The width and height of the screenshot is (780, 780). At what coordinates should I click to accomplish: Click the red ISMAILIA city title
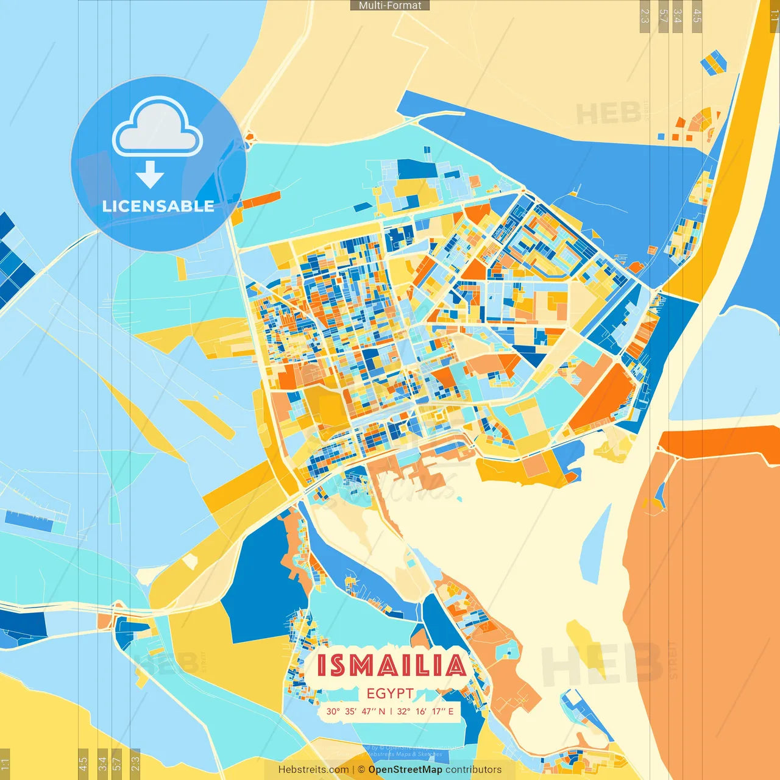coord(391,665)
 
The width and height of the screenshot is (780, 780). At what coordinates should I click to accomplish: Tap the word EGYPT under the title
coord(390,693)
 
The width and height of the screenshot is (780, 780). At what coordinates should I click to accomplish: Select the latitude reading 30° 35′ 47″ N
coord(356,711)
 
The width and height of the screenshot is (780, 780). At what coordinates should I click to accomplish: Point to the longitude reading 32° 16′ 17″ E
coord(425,711)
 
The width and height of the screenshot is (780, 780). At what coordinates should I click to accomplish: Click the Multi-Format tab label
coord(390,5)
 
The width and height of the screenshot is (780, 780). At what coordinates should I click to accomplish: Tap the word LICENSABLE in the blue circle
coord(158,206)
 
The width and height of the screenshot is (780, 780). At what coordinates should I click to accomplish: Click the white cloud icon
coord(158,128)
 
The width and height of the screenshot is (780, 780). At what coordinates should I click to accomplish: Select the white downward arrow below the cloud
coord(150,175)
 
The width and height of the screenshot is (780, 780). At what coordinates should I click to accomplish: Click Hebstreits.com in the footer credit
coord(313,770)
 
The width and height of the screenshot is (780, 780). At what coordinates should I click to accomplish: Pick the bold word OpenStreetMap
coord(405,770)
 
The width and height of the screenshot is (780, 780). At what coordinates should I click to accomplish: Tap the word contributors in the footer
coord(473,770)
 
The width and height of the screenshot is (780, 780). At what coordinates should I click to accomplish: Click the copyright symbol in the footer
coord(361,770)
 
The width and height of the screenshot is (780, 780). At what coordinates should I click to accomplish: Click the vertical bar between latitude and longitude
coord(391,711)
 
